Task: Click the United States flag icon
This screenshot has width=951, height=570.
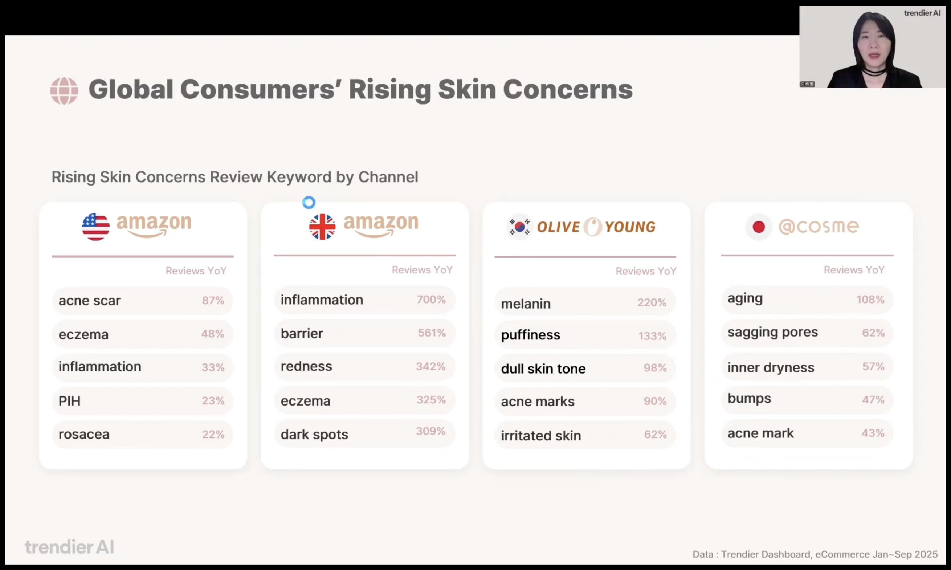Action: (x=95, y=227)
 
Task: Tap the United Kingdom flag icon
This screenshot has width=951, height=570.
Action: (x=322, y=227)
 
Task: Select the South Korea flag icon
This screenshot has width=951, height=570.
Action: (x=519, y=227)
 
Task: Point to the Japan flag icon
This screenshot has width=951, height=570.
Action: (x=758, y=227)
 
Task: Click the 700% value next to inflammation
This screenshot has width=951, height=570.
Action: (x=431, y=299)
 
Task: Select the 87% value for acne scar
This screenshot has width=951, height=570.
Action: (x=213, y=300)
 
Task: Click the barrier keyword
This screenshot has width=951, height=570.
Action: (x=302, y=333)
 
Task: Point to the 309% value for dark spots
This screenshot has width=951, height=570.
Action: (x=431, y=431)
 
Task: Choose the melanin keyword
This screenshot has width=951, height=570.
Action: (x=526, y=304)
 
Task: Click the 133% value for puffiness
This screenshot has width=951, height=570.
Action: (x=652, y=336)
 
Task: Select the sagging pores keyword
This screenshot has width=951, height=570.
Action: (x=772, y=332)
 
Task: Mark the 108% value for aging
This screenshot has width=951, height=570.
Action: (x=870, y=299)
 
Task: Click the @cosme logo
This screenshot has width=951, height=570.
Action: (x=818, y=227)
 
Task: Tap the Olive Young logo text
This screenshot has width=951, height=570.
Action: (x=596, y=227)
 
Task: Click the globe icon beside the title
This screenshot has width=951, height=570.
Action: (x=64, y=91)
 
